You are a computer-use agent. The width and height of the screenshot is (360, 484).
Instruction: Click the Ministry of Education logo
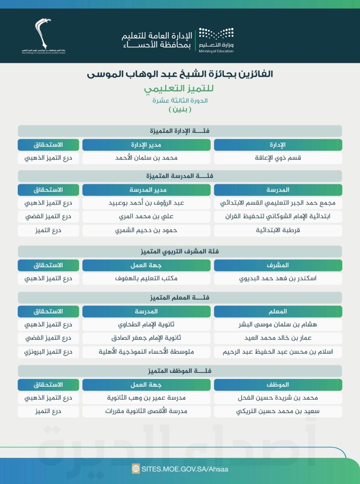216,40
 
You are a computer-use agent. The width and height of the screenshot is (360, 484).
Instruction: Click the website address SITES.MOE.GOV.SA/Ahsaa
185,469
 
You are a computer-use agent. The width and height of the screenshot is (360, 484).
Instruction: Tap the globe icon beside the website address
136,469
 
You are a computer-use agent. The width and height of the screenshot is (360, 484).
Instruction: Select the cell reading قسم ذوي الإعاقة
278,158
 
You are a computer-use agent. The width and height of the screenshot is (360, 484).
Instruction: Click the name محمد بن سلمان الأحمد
146,158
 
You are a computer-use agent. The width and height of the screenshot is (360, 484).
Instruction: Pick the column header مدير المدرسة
146,189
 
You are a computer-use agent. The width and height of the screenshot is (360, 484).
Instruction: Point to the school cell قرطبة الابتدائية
278,230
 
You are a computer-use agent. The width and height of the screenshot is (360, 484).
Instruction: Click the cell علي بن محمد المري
146,216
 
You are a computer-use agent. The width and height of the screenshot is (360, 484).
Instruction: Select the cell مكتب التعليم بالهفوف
146,278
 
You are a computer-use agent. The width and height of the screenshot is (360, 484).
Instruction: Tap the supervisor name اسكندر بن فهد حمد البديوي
278,278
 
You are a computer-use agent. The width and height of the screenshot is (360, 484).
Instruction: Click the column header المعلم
278,311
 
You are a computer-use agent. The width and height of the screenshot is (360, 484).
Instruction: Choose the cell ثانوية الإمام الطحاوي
146,324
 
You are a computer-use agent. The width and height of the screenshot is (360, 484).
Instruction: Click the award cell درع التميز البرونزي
48,352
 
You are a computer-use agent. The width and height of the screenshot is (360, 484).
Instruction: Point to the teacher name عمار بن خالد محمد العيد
278,338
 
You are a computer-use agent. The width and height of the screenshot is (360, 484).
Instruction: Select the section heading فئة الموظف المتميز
180,371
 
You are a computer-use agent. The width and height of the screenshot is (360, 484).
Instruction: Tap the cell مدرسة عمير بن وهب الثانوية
146,398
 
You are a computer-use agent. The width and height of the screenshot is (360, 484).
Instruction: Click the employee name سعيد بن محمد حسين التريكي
278,411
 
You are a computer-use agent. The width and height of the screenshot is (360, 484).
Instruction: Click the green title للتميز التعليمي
179,89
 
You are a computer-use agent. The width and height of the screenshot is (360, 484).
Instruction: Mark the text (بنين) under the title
180,109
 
